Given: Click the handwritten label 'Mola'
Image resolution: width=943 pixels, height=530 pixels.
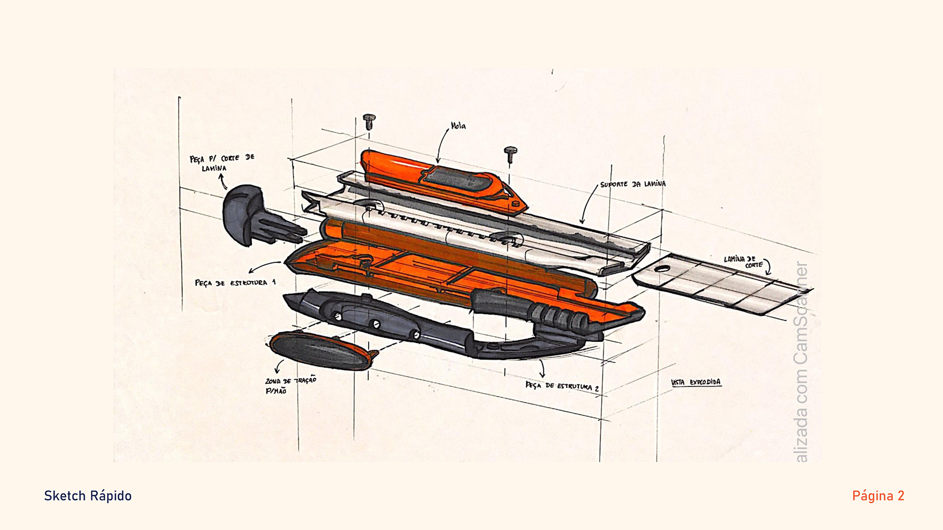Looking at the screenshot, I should pyautogui.click(x=458, y=126).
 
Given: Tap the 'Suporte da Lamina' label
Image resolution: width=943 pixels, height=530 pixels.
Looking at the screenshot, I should pyautogui.click(x=633, y=184).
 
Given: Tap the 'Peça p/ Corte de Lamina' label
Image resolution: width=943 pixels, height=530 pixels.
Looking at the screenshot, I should pyautogui.click(x=222, y=163).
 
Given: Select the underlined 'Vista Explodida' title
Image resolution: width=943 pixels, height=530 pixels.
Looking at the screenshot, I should pyautogui.click(x=696, y=382).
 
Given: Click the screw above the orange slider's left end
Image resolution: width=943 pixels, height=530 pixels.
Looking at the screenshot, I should pyautogui.click(x=369, y=121).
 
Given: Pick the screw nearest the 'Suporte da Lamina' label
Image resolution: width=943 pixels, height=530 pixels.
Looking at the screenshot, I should pyautogui.click(x=510, y=154).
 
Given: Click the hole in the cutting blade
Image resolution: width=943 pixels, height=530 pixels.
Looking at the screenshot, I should pyautogui.click(x=662, y=269).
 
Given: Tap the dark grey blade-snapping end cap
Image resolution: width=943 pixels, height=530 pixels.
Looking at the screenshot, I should pyautogui.click(x=245, y=214).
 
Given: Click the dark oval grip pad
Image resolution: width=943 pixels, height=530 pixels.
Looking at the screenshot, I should pyautogui.click(x=321, y=351).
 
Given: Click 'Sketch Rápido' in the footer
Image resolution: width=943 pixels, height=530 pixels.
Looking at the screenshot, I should pyautogui.click(x=88, y=496).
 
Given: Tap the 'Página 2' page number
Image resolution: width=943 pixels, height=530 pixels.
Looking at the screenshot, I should pyautogui.click(x=878, y=496).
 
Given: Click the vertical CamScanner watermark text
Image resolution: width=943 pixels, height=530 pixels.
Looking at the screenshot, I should pyautogui.click(x=801, y=363).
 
